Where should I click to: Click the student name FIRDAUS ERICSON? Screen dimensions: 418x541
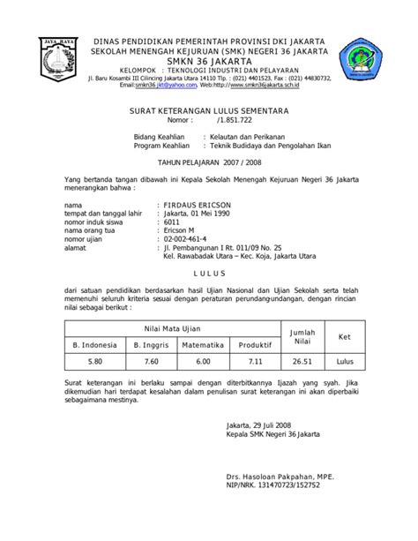pyautogui.click(x=194, y=204)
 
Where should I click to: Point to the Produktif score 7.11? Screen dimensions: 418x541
pyautogui.click(x=254, y=360)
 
